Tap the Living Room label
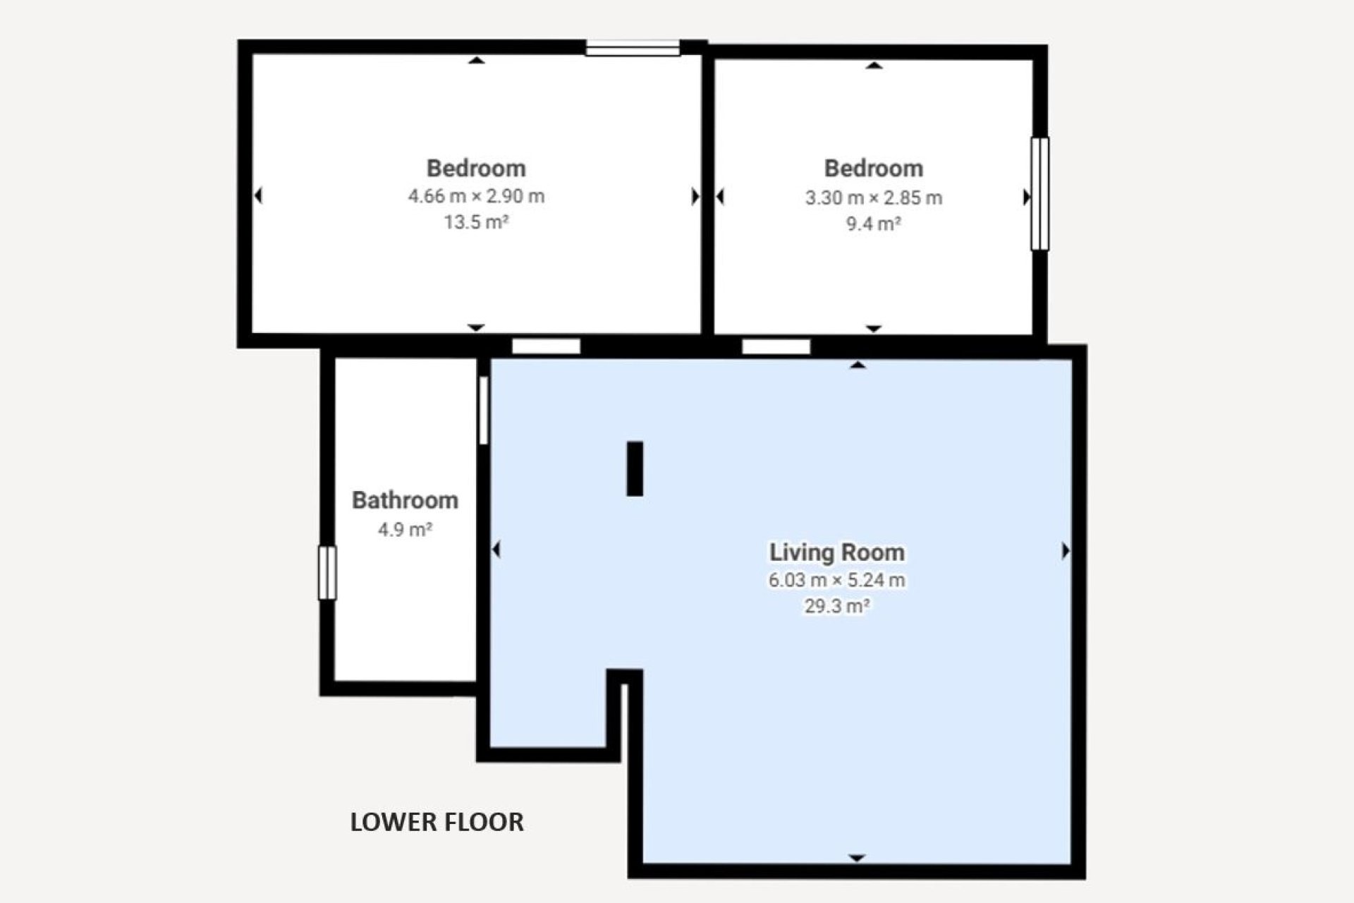(837, 552)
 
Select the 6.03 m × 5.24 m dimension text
(837, 580)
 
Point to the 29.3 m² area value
(837, 606)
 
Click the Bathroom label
(405, 500)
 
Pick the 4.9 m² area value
(405, 529)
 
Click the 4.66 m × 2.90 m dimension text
(476, 196)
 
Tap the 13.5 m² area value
(476, 222)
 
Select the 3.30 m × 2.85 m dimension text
(874, 198)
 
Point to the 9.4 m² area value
(874, 224)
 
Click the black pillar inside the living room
(635, 468)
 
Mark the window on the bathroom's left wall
(327, 573)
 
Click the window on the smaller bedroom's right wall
(1040, 194)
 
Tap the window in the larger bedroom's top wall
(633, 48)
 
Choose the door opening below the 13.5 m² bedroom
(546, 346)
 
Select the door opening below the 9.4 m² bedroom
(776, 346)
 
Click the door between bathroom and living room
(484, 411)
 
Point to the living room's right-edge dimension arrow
(1066, 550)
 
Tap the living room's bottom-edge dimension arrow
(857, 858)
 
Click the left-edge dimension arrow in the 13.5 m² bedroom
(258, 195)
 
